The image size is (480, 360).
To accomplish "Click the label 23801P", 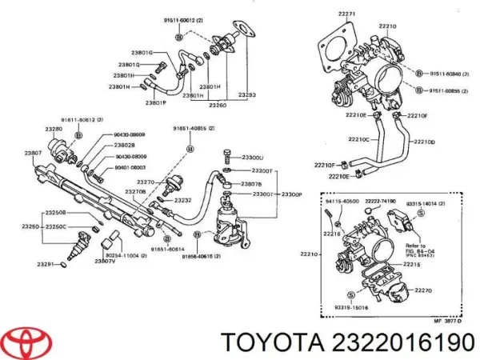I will pos(157,102).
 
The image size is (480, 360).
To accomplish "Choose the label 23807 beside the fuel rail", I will pos(33,153).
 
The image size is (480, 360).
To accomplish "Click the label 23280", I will pos(54,127).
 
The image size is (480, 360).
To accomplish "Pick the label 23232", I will pos(182,199).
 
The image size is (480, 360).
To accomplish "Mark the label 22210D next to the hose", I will pos(424,142).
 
